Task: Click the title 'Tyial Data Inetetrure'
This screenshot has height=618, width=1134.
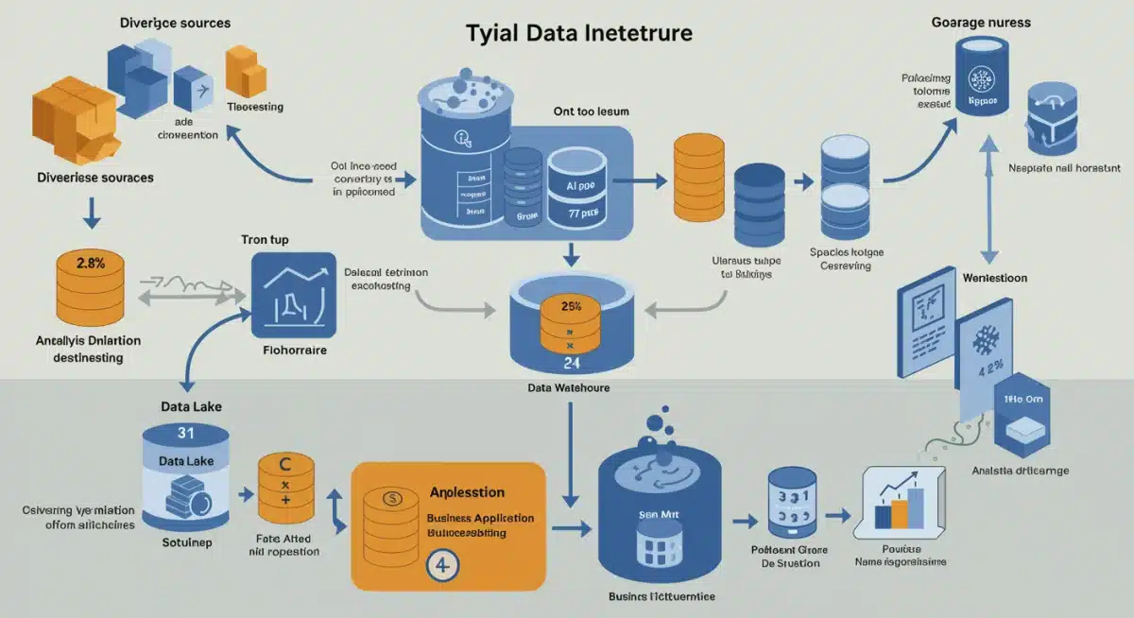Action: (579, 33)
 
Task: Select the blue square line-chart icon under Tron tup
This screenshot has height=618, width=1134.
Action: (294, 295)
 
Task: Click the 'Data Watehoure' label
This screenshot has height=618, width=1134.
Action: (569, 388)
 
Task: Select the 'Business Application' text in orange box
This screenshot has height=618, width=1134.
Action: (480, 518)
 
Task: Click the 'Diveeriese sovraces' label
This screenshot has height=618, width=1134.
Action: (95, 177)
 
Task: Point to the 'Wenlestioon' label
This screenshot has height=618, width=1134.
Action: (995, 278)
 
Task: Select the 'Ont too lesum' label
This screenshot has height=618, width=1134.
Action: (591, 111)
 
